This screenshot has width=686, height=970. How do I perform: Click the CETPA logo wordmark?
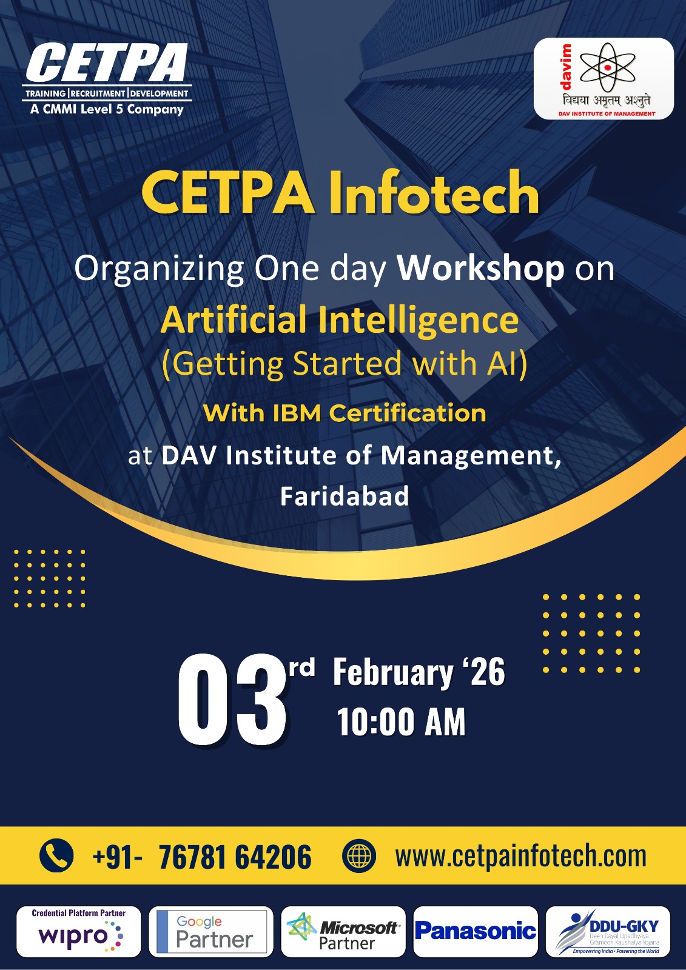pyautogui.click(x=107, y=62)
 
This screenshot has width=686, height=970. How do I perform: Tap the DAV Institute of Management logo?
pyautogui.click(x=604, y=78)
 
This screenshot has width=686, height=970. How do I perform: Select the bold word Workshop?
pyautogui.click(x=481, y=269)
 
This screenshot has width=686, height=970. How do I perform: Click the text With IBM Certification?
pyautogui.click(x=345, y=413)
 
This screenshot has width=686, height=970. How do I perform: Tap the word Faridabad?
pyautogui.click(x=345, y=497)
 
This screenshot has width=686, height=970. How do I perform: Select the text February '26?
pyautogui.click(x=419, y=672)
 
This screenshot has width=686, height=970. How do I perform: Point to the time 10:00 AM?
pyautogui.click(x=402, y=722)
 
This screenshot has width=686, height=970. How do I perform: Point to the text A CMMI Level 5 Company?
pyautogui.click(x=107, y=110)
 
